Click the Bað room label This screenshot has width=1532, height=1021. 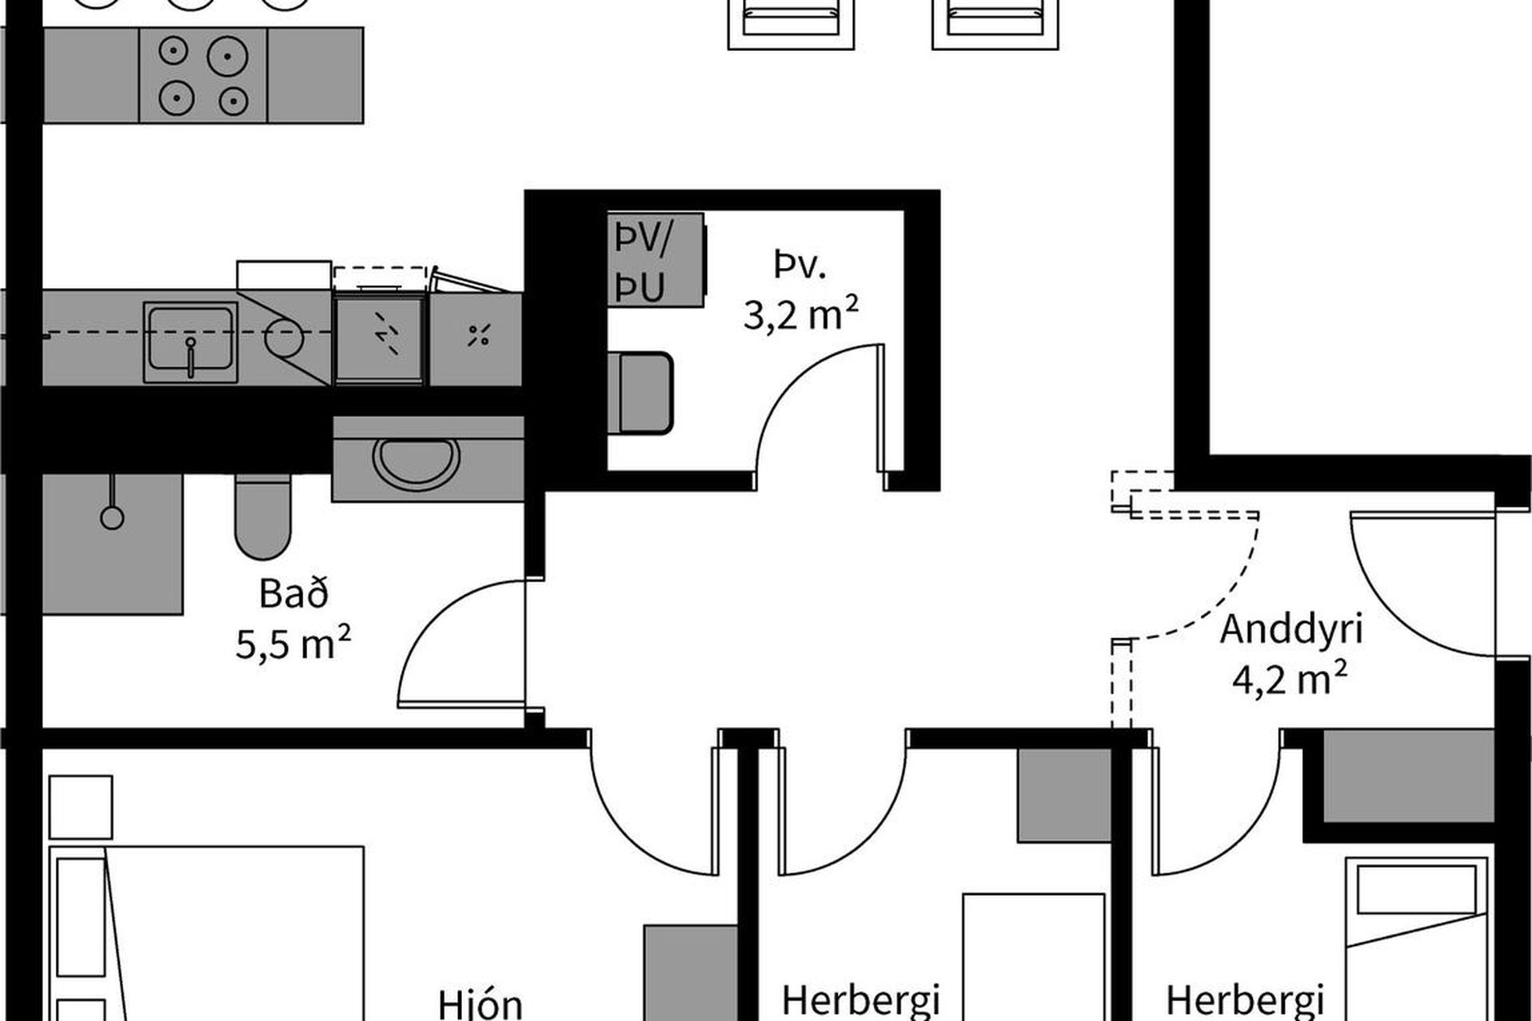294,594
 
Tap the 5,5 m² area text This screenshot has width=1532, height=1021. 294,643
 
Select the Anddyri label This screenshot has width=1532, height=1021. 1291,629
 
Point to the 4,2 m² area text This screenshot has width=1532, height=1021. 1291,680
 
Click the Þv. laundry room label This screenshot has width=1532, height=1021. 800,265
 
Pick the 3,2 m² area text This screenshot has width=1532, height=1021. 801,316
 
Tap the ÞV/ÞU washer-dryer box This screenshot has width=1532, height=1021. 656,260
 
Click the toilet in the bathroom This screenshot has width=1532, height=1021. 262,517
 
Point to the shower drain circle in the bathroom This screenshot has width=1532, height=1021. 112,518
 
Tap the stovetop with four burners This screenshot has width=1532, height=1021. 203,76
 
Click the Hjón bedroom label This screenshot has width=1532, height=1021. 481,1004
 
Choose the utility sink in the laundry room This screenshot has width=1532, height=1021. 640,392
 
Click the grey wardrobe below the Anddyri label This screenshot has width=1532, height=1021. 1408,775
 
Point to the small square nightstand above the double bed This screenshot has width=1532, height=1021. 81,806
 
